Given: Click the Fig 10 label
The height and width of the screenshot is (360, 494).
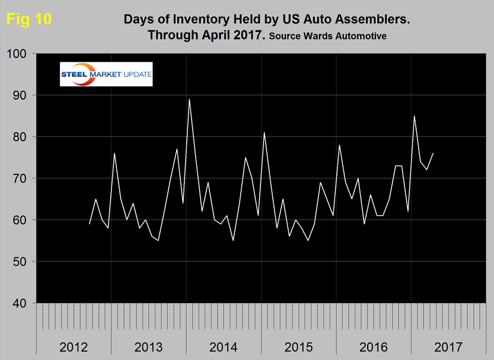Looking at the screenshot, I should coord(28,19).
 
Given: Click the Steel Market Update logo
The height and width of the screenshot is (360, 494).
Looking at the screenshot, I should coord(106,74).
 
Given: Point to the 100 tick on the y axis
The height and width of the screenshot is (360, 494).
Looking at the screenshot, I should coord(21,54).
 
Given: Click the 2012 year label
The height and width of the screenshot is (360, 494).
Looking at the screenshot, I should coord(74,346).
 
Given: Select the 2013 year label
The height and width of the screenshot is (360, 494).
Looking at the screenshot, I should coord(148,346).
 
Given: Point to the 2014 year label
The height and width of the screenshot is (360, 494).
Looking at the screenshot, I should coord(223,346).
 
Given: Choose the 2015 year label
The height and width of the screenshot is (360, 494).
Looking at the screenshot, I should coord(298,346).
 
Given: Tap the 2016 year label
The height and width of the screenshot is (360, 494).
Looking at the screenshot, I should coord(373,346).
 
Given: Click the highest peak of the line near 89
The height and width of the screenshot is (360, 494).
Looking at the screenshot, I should coord(189,99).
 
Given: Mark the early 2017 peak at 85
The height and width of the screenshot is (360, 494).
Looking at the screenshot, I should coord(414,116).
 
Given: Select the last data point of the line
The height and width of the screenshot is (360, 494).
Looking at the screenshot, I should coord(433,153).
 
